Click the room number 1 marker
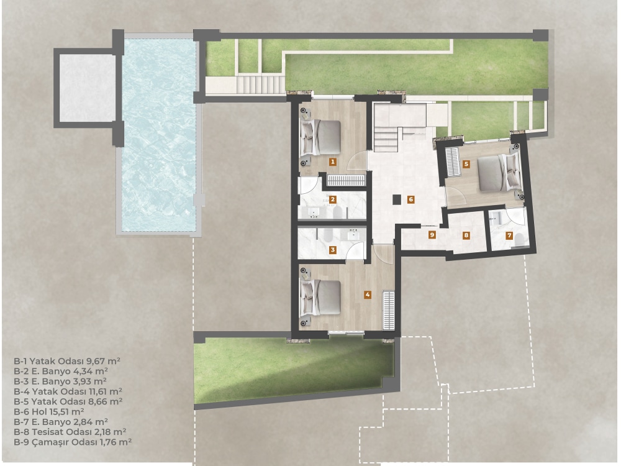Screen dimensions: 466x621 point(333,162)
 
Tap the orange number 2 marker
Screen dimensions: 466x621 point(333,199)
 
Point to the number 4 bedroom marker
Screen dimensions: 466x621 point(368,295)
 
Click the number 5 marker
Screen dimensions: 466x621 point(466,164)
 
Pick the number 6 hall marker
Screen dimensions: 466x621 point(410,199)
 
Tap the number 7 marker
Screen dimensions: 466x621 point(509,235)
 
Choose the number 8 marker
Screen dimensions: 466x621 point(466,235)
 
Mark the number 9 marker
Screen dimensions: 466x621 point(431,235)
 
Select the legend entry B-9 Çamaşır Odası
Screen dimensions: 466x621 point(72,441)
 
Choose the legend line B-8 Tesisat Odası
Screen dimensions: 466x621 point(70,431)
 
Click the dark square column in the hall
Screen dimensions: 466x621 point(397,199)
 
